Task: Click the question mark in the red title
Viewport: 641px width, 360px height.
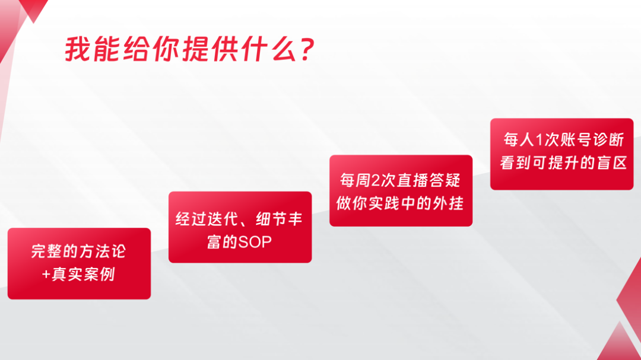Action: coord(306,49)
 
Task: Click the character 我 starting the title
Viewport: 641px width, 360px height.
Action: coord(78,49)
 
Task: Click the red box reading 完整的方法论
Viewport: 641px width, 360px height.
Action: coord(80,263)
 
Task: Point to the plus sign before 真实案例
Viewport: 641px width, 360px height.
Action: coord(46,275)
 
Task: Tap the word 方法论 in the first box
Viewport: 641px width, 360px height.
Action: coord(102,251)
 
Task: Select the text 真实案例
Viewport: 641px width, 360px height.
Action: coord(83,275)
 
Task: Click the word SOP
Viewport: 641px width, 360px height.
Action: coord(255,243)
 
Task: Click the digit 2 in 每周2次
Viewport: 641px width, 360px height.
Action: coord(376,181)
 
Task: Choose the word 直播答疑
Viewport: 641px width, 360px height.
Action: coord(429,181)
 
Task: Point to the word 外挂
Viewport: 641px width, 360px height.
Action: coord(448,203)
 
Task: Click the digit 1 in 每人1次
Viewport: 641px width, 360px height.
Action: coord(539,140)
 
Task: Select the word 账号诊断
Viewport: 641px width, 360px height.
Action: coord(592,140)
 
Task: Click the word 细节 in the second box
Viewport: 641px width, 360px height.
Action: coord(271,219)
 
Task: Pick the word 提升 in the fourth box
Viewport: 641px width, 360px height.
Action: coord(563,163)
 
